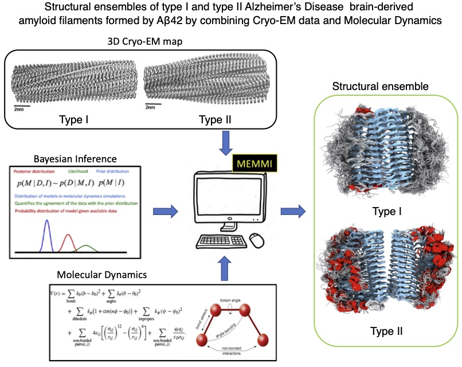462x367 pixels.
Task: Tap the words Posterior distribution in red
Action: [x=38, y=170]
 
